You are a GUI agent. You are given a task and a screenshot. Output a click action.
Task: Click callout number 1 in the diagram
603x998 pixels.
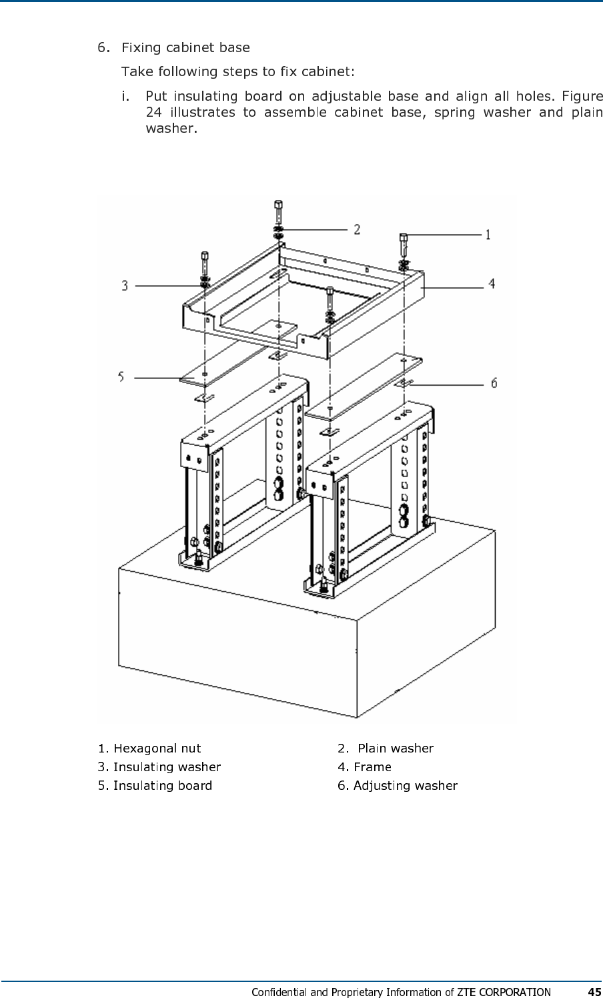coord(488,234)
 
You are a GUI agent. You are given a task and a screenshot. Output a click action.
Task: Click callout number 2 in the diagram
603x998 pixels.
coord(358,229)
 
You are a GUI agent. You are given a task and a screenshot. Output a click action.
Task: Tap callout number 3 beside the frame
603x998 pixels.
coord(125,286)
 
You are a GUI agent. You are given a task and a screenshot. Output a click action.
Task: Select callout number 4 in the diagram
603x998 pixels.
coord(491,284)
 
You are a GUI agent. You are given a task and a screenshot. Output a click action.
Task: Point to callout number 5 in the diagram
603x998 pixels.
coord(121,377)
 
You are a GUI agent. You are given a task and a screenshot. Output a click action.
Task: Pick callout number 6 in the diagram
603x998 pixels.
coord(494,382)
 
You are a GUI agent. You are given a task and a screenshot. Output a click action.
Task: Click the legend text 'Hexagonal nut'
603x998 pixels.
coord(157,748)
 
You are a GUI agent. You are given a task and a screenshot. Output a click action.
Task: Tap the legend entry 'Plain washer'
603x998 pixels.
coord(396,748)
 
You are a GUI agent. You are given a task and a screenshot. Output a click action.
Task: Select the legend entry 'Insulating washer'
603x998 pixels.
coord(167,767)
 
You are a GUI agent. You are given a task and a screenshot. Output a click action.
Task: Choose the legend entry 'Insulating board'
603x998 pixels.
coord(163,785)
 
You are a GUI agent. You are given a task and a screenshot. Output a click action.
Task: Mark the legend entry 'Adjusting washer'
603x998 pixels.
coord(405,785)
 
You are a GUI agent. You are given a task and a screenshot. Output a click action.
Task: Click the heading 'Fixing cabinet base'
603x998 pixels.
coord(185,47)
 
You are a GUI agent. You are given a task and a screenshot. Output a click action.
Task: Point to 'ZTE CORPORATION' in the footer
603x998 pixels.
coord(504,992)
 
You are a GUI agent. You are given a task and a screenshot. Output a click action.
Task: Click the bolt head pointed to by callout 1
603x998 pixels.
coord(404,238)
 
